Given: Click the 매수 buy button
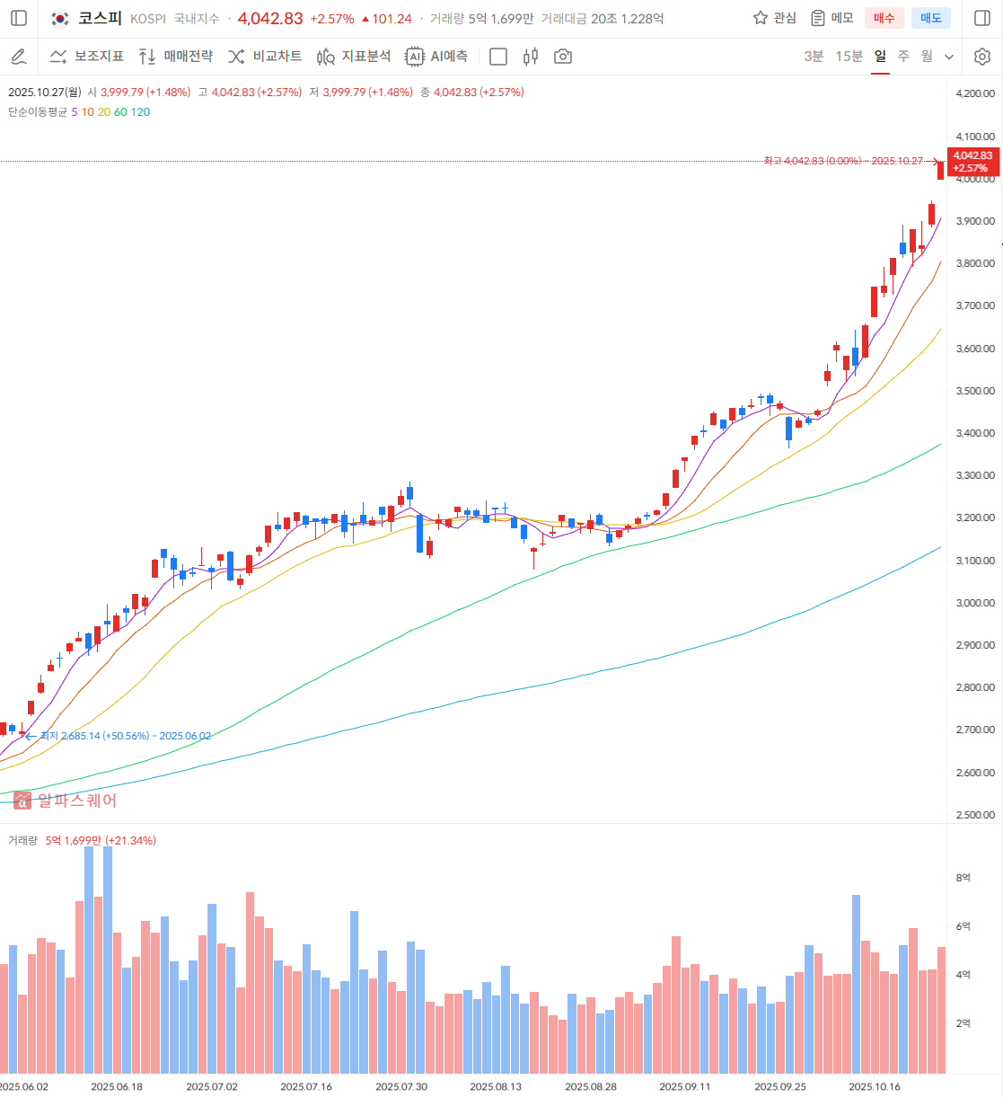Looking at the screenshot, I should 884,18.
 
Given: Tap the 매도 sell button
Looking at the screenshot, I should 930,18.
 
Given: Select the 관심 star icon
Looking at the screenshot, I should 761,18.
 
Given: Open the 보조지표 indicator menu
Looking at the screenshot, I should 87,57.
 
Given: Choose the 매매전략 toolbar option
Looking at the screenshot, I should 176,57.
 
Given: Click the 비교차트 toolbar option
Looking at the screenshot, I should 265,57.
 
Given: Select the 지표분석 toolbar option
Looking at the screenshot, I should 354,57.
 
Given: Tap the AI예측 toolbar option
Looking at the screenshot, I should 436,57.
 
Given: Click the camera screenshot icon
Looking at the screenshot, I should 563,57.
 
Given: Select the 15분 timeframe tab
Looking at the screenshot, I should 849,57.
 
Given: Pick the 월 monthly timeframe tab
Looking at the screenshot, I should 927,57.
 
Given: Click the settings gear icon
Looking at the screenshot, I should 982,57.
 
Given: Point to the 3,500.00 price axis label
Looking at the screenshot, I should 975,391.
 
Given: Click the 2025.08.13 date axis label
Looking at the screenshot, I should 496,1086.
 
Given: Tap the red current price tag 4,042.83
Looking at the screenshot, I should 972,162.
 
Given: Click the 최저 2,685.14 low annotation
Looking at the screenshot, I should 126,736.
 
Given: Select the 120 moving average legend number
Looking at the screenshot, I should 141,112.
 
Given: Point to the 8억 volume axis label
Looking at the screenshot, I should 963,878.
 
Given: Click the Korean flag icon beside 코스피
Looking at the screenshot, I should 60,18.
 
